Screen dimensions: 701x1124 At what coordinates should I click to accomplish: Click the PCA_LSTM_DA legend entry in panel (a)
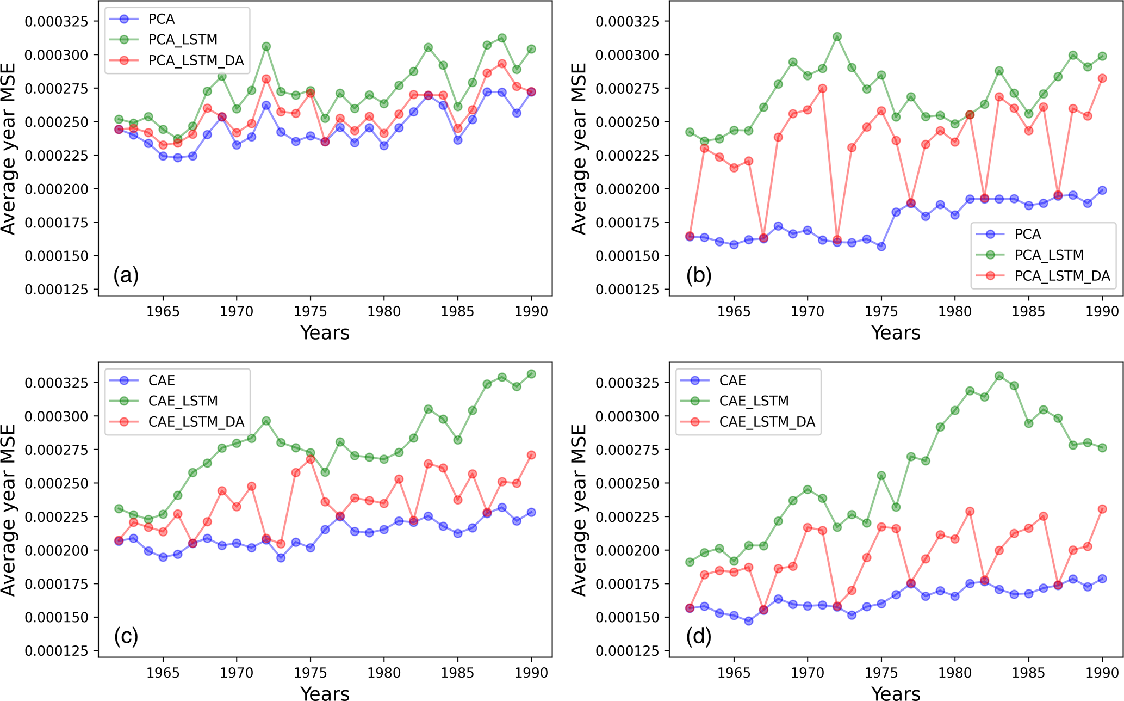point(196,60)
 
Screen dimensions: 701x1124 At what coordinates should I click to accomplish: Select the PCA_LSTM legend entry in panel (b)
point(1048,255)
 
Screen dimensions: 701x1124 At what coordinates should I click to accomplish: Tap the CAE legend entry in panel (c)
point(162,380)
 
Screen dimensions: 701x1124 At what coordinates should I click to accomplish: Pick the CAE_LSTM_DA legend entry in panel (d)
point(767,422)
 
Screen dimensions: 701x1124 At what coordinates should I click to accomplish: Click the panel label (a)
point(126,275)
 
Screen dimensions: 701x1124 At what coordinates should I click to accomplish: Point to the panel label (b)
point(698,275)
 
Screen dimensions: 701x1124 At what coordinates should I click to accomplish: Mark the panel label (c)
point(126,636)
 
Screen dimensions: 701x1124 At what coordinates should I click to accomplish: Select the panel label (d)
point(698,636)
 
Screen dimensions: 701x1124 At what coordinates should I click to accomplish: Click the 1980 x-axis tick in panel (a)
point(384,311)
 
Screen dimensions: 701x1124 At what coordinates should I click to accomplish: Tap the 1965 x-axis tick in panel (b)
point(734,311)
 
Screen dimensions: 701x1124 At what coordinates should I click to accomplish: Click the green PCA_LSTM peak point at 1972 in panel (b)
point(837,37)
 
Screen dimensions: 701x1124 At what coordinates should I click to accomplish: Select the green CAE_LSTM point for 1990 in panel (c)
point(531,374)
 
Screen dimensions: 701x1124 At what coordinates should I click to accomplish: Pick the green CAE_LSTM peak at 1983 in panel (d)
point(999,376)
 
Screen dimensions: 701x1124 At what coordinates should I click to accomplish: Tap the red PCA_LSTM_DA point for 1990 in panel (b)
point(1102,78)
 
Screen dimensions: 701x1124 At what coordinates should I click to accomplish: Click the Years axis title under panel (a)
point(325,333)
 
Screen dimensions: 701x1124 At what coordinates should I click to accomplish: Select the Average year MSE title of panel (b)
point(580,149)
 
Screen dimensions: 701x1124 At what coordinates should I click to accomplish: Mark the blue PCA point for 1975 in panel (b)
point(881,247)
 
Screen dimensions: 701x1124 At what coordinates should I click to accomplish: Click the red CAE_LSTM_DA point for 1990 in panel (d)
point(1102,509)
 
